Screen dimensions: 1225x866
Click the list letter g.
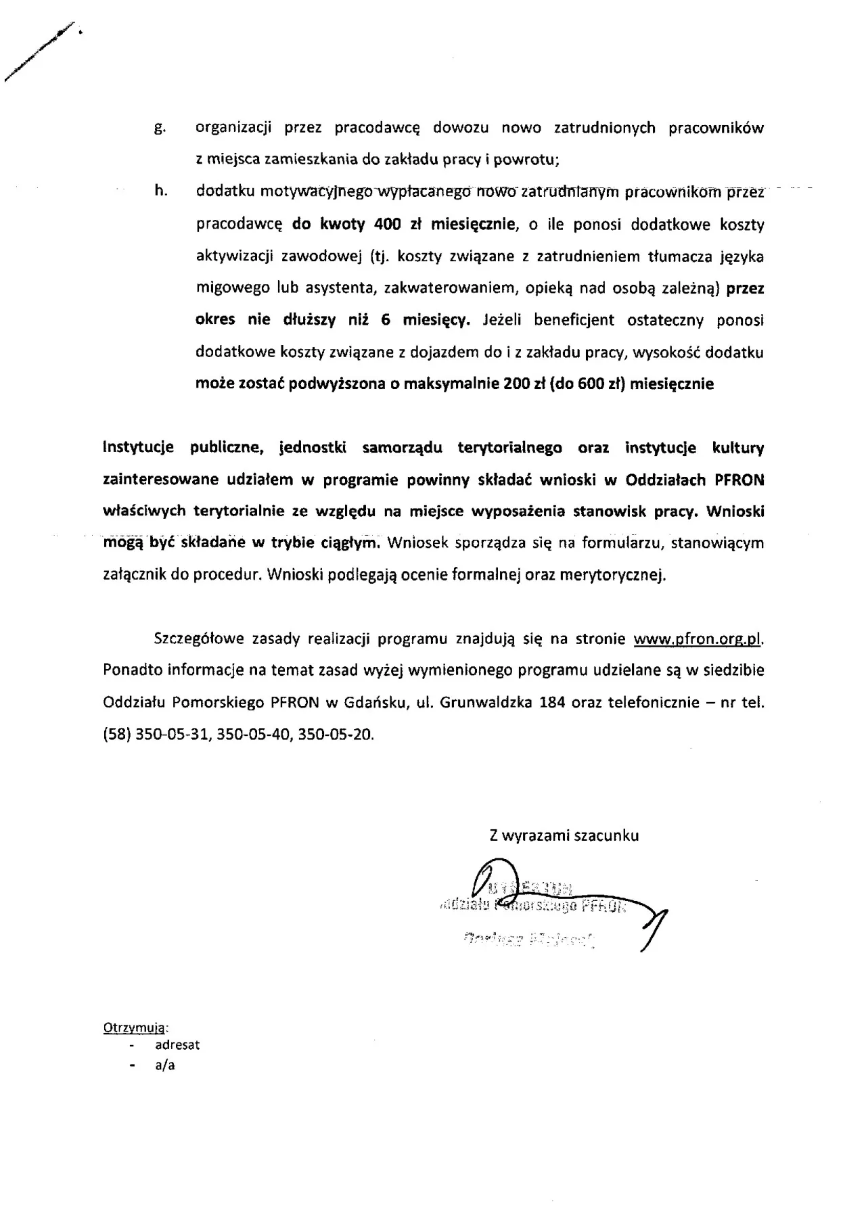[160, 129]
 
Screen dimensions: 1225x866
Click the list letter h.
[160, 191]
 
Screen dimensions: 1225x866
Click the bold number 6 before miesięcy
[386, 321]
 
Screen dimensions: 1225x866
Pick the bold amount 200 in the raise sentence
[518, 384]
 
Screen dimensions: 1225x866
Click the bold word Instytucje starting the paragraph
[138, 448]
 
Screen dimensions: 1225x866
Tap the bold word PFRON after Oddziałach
[739, 480]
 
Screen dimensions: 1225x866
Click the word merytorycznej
[616, 576]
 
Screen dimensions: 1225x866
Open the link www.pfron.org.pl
[702, 639]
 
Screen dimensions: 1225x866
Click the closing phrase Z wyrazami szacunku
[564, 835]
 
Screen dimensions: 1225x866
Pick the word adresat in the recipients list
[177, 1045]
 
